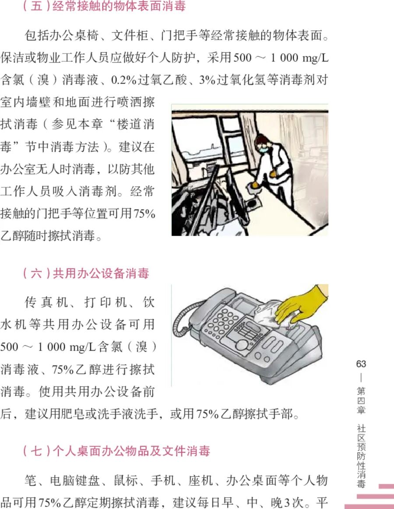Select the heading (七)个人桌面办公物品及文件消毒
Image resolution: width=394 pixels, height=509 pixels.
point(116,451)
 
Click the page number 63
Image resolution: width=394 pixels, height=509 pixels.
point(361,364)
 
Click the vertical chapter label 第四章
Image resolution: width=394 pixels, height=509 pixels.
point(361,400)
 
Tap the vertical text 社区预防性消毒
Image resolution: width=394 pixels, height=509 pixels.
point(361,455)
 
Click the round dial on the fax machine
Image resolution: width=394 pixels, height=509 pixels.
point(242,345)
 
